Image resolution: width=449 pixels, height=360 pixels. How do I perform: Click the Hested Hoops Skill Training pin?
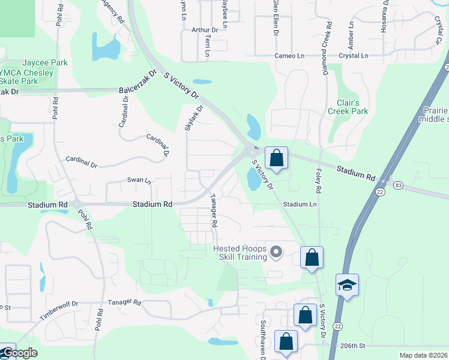pyautogui.click(x=276, y=252)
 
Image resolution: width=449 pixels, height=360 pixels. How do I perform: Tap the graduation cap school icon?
pyautogui.click(x=347, y=285)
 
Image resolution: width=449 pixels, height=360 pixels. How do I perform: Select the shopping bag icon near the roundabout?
pyautogui.click(x=276, y=158)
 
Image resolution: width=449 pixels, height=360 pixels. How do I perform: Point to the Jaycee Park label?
pyautogui.click(x=45, y=63)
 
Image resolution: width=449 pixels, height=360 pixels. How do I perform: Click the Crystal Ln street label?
pyautogui.click(x=353, y=55)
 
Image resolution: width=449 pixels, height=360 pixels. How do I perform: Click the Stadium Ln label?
pyautogui.click(x=300, y=205)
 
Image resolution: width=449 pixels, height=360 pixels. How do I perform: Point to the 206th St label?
pyautogui.click(x=352, y=346)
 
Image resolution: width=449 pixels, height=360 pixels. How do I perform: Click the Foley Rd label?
pyautogui.click(x=318, y=181)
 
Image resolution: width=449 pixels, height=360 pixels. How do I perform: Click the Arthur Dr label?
pyautogui.click(x=205, y=29)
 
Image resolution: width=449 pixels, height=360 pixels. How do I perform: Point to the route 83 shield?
pyautogui.click(x=399, y=185)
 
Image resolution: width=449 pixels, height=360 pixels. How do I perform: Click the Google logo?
pyautogui.click(x=19, y=353)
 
